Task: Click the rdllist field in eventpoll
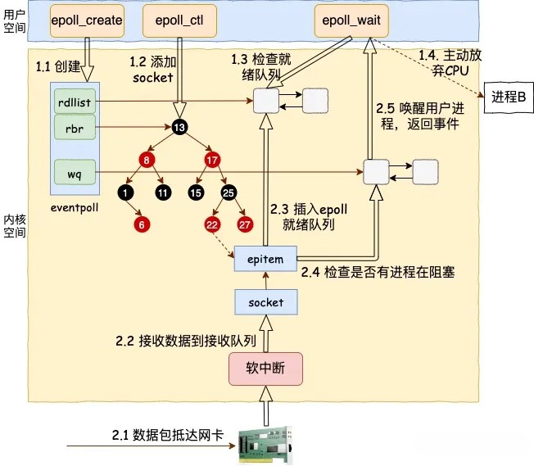76,102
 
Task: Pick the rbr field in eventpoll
76,128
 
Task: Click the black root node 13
179,127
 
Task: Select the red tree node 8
147,161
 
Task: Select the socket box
265,302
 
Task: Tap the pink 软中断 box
265,368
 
